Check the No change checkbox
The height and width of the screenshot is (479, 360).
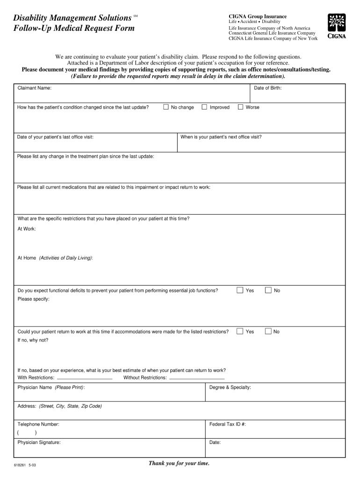click(166, 107)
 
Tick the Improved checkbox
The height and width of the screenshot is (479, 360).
click(204, 107)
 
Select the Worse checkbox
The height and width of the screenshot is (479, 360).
click(240, 107)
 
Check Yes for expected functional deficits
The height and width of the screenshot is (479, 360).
click(240, 290)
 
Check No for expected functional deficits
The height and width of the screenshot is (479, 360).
click(268, 290)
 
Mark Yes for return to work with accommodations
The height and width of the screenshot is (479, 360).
click(240, 332)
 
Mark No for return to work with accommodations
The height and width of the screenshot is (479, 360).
click(268, 332)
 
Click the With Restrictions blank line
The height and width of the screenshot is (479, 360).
click(84, 377)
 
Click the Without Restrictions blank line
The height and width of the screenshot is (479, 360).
click(196, 377)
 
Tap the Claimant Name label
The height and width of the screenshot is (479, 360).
click(35, 88)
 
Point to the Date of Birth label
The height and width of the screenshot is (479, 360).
click(267, 88)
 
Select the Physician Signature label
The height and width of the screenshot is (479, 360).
click(39, 442)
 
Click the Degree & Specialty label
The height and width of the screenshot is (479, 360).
click(230, 387)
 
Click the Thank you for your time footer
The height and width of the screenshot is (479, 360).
click(179, 463)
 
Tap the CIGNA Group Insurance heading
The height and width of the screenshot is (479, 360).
click(258, 16)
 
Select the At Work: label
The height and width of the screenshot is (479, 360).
click(27, 229)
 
